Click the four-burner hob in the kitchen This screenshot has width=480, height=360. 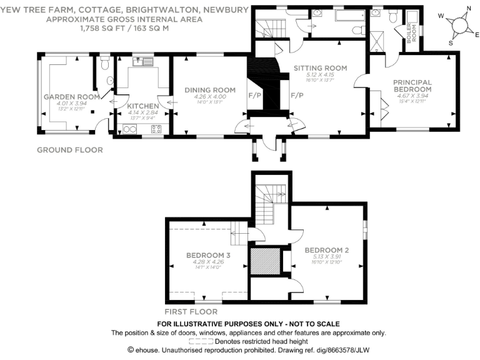pos(156,129)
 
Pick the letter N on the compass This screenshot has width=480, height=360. pos(469,9)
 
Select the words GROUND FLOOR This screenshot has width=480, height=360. pos(69,150)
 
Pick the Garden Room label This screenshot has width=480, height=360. pos(62,97)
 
